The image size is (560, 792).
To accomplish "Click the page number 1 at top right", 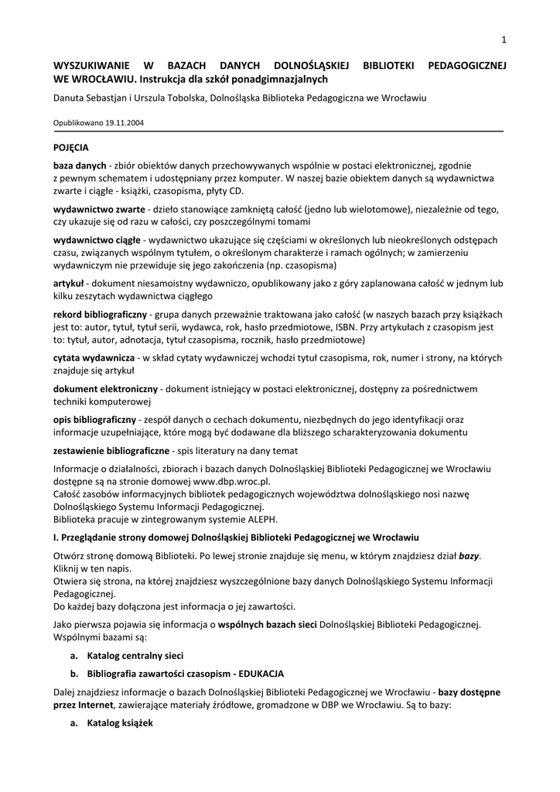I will click(x=503, y=40).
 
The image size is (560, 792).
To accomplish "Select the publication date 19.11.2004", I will click(x=126, y=122).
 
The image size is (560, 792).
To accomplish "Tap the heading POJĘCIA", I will click(x=71, y=147).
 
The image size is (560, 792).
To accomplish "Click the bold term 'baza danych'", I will click(x=80, y=166).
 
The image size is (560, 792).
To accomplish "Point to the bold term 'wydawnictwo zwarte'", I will click(x=99, y=210).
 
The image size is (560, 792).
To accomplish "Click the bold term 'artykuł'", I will click(x=69, y=284).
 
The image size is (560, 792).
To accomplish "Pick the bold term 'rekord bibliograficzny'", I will click(x=100, y=315).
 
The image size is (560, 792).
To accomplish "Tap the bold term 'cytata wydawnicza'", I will click(x=94, y=358).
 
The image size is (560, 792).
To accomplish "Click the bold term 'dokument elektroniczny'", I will click(x=105, y=388).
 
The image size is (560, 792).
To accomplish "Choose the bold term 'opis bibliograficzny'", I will click(x=94, y=418).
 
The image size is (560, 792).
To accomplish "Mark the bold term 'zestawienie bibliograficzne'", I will click(x=111, y=450).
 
